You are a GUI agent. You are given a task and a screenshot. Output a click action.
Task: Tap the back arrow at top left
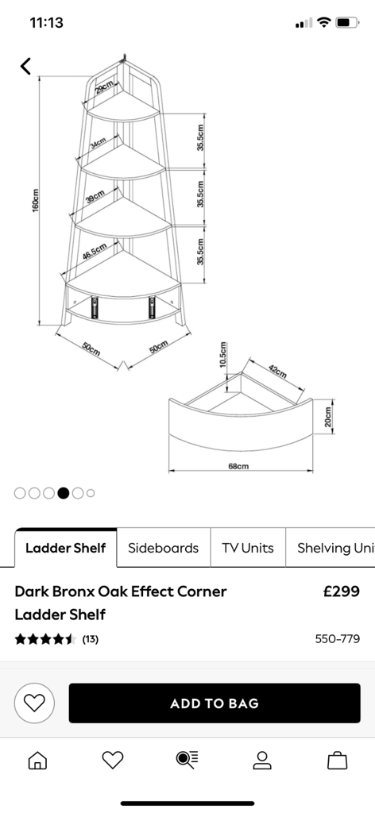pyautogui.click(x=25, y=66)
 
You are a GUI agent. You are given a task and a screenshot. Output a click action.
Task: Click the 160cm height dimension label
pyautogui.click(x=36, y=203)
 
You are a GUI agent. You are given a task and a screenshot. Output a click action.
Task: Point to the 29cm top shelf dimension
pyautogui.click(x=104, y=87)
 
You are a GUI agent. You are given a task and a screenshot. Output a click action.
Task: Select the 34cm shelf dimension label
pyautogui.click(x=98, y=143)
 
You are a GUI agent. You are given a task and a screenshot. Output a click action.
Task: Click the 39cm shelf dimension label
pyautogui.click(x=95, y=197)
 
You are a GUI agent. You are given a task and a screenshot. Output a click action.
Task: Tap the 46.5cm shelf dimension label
pyautogui.click(x=95, y=252)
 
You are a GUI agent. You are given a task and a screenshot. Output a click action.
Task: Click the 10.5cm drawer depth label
pyautogui.click(x=222, y=355)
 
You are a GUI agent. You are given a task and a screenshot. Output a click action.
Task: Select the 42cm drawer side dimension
pyautogui.click(x=277, y=372)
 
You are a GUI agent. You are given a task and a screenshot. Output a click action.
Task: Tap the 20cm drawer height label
pyautogui.click(x=327, y=416)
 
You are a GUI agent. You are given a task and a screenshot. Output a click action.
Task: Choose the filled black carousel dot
pyautogui.click(x=64, y=493)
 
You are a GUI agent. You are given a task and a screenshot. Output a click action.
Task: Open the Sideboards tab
pyautogui.click(x=164, y=548)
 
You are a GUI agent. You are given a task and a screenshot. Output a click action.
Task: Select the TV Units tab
pyautogui.click(x=248, y=548)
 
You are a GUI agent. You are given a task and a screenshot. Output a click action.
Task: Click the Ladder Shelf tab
pyautogui.click(x=65, y=548)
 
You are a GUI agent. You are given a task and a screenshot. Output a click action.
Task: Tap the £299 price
pyautogui.click(x=342, y=591)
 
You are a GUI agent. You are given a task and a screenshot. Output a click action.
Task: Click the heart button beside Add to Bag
pyautogui.click(x=34, y=703)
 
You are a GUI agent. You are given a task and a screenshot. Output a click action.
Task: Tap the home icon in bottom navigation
pyautogui.click(x=37, y=760)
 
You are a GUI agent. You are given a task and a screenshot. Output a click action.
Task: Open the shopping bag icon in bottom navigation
pyautogui.click(x=337, y=760)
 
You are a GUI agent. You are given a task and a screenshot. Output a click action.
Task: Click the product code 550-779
pyautogui.click(x=338, y=639)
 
